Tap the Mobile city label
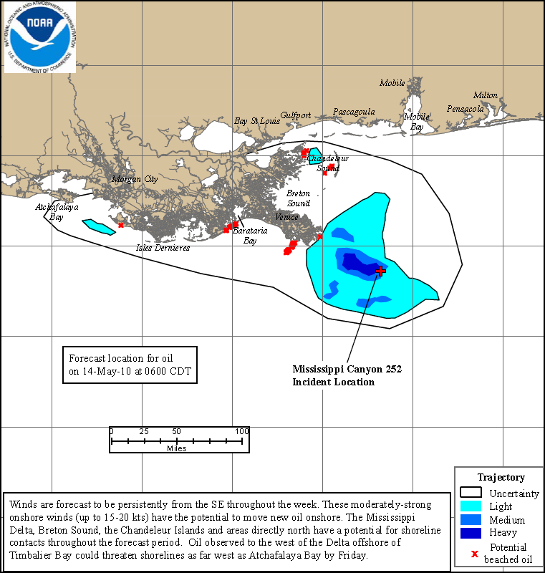click(x=392, y=83)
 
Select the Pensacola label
click(x=466, y=109)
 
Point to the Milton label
click(x=485, y=95)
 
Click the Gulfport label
click(x=295, y=115)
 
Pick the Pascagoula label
click(x=354, y=112)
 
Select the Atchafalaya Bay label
click(x=57, y=211)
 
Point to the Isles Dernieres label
click(x=163, y=248)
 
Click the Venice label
click(x=286, y=217)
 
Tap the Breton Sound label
click(x=299, y=198)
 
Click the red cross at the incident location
click(x=380, y=271)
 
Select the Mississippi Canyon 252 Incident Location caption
click(x=347, y=375)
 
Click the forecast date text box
click(x=128, y=365)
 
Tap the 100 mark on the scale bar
click(x=241, y=431)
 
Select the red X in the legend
click(x=474, y=553)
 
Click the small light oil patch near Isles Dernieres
click(x=99, y=227)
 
